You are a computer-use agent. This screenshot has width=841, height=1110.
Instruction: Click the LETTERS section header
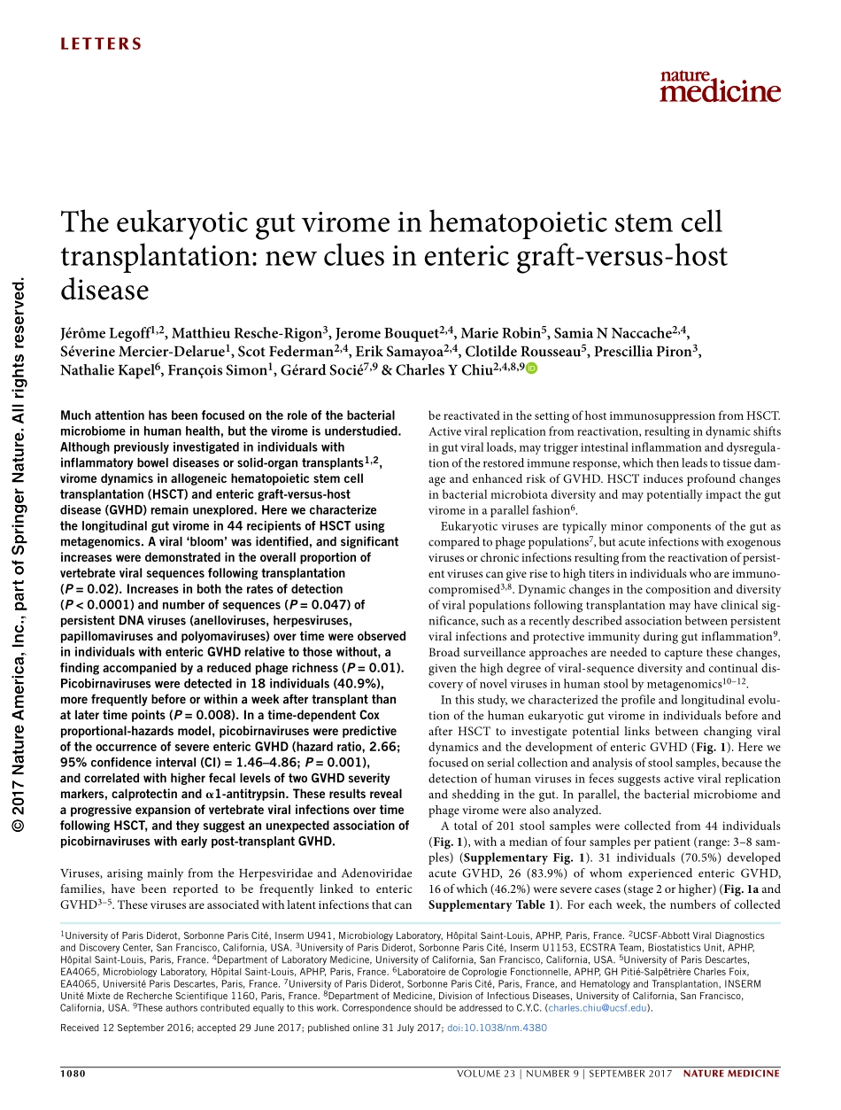click(x=101, y=43)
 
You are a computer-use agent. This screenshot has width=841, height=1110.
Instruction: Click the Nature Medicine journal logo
click(x=720, y=87)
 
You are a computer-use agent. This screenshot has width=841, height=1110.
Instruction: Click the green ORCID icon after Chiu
click(x=532, y=369)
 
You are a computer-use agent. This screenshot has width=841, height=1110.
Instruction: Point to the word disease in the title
click(x=104, y=290)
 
